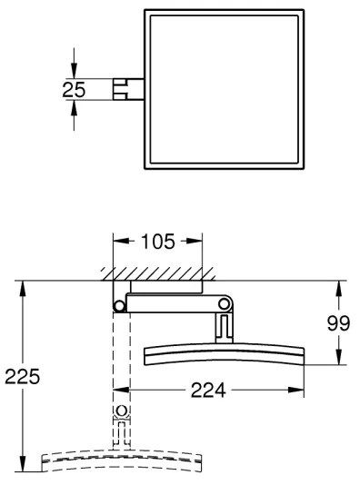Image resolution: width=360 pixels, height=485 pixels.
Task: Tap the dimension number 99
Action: (x=339, y=324)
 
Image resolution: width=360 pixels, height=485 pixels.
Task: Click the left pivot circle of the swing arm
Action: (x=117, y=304)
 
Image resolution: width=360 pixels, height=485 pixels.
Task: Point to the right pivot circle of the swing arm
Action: (x=225, y=303)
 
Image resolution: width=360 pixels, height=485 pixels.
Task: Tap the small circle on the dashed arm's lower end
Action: (x=122, y=421)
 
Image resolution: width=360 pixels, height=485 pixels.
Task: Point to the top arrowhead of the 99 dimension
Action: (x=339, y=287)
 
